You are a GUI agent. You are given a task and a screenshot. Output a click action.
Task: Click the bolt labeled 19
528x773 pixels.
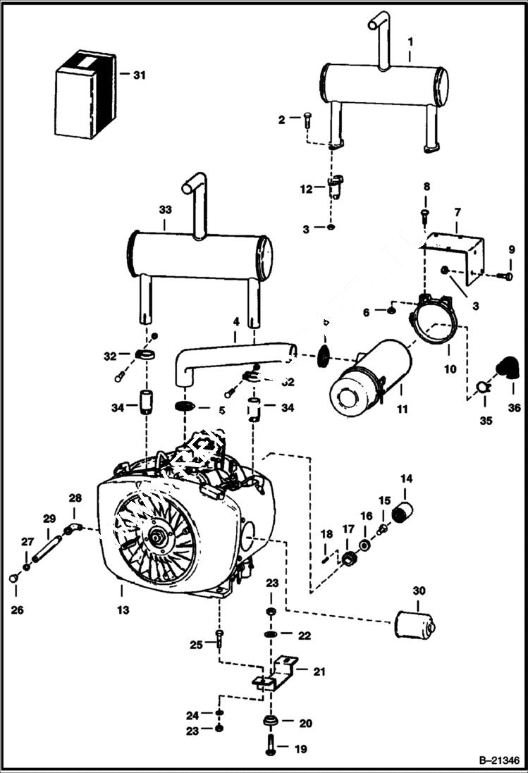point(271,748)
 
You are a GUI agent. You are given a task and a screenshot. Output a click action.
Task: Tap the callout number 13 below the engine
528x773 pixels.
point(123,610)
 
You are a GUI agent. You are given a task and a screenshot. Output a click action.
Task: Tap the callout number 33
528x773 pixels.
point(165,209)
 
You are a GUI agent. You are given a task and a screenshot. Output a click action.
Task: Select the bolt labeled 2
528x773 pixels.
point(307,120)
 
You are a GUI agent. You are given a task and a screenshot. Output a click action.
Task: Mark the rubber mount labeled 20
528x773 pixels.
point(270,723)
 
